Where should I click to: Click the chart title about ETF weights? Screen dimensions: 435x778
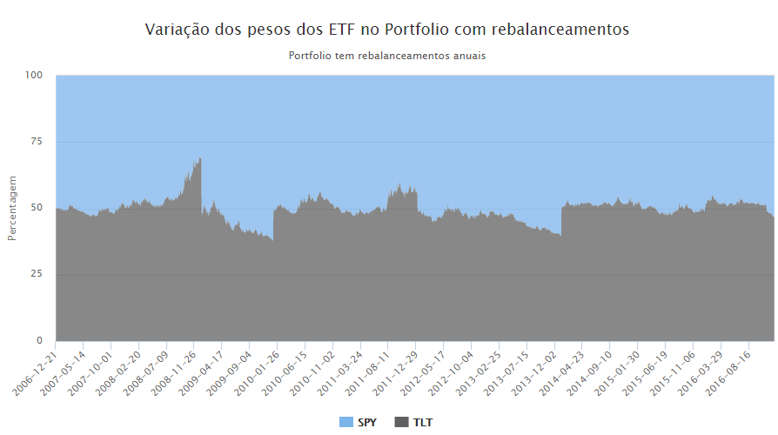tap(386, 30)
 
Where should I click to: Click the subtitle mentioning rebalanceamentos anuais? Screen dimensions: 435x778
tap(386, 56)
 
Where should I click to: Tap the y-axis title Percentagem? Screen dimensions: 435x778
tap(12, 208)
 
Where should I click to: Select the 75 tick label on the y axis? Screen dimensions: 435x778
tap(37, 142)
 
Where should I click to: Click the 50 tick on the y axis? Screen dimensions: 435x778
tap(37, 208)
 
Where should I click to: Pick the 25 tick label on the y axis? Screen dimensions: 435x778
tap(37, 275)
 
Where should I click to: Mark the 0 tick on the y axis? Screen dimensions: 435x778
tap(39, 341)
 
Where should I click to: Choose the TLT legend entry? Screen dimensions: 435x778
tap(414, 423)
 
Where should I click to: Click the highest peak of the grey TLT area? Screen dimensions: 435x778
tap(200, 159)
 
